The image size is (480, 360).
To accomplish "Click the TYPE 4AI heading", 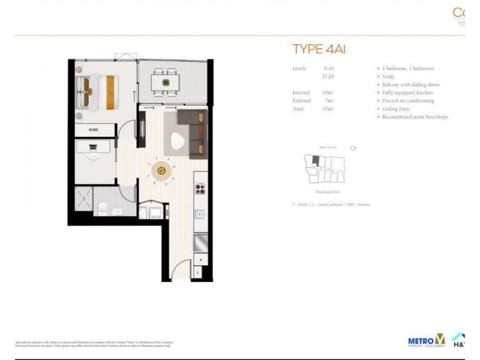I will (x=319, y=49).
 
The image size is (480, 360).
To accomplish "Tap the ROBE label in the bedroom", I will (x=93, y=130).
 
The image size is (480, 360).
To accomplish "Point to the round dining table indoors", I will (x=161, y=170).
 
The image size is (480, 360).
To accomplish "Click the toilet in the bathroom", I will (x=103, y=208).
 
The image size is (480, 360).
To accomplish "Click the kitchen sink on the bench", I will (x=200, y=214).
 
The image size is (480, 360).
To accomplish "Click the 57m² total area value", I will (x=328, y=109).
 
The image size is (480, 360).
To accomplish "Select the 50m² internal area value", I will (x=328, y=93).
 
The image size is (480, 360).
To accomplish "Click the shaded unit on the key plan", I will (x=315, y=160).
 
